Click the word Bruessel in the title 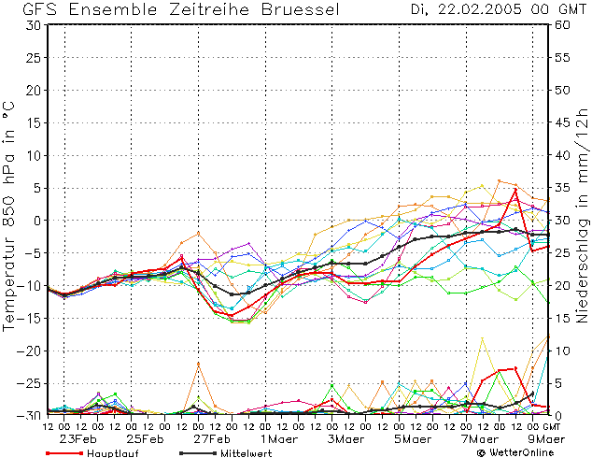(301, 9)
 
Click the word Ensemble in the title (113, 9)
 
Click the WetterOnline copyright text (515, 452)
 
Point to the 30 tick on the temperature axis (34, 25)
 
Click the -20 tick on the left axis (29, 351)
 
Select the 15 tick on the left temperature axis (34, 122)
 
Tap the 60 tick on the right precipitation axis (562, 25)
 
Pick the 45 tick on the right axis (562, 122)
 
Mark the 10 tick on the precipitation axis (562, 351)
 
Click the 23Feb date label (78, 439)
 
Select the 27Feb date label (212, 439)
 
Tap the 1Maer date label (278, 439)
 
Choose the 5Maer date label (413, 439)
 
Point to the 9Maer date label (546, 439)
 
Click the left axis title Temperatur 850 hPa (8, 216)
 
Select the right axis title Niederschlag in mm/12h (582, 215)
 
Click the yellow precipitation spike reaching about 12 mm (482, 337)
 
